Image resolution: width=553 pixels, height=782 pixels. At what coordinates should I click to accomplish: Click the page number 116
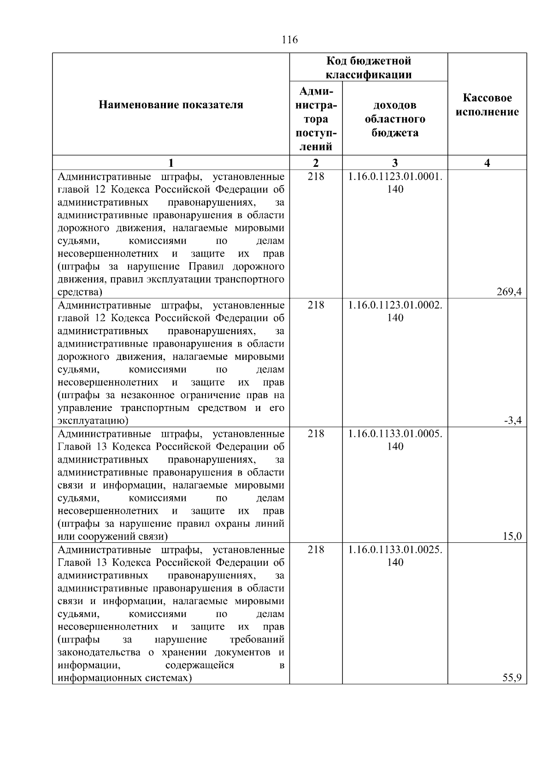point(289,40)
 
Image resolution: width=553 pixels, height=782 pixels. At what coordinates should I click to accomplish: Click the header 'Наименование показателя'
point(171,105)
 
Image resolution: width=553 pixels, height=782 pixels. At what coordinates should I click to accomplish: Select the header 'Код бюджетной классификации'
point(369,68)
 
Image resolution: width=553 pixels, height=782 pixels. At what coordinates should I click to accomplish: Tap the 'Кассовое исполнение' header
point(487,105)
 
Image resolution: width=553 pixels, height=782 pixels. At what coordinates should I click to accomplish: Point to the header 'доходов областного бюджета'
point(395,119)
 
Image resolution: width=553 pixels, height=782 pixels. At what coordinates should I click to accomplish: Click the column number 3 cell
point(395,163)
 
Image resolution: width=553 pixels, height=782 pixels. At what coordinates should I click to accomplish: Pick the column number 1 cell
point(171,163)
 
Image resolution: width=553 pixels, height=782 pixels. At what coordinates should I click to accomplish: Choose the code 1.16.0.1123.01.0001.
point(395,176)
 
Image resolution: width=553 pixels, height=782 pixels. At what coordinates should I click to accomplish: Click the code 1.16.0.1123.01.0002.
point(395,305)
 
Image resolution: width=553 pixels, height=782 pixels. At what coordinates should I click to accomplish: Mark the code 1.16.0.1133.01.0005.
point(395,434)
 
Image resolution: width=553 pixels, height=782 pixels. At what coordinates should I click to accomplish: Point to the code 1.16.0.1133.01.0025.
point(395,550)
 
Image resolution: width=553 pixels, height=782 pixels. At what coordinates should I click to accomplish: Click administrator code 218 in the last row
point(316,550)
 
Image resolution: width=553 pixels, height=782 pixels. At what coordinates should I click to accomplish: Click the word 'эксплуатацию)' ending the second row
point(93,420)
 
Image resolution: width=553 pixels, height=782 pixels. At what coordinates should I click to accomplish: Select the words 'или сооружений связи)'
point(112,536)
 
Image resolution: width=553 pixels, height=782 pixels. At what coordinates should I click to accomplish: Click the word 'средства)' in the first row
point(80,292)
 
